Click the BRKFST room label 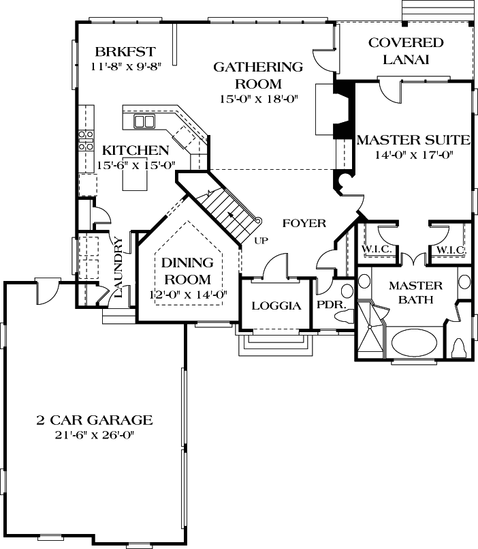(125, 52)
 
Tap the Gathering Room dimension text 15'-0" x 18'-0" (258, 99)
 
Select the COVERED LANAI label (406, 51)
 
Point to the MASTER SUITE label (413, 140)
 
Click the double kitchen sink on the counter (144, 121)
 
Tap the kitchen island (133, 180)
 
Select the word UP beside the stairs (261, 240)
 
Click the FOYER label (304, 223)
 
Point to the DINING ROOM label (187, 271)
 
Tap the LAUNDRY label (118, 267)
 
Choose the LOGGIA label (276, 306)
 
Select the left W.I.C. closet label (377, 250)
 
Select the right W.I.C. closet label (450, 250)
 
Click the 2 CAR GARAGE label (94, 420)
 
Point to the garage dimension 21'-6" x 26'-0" (94, 435)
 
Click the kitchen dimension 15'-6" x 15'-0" (136, 164)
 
